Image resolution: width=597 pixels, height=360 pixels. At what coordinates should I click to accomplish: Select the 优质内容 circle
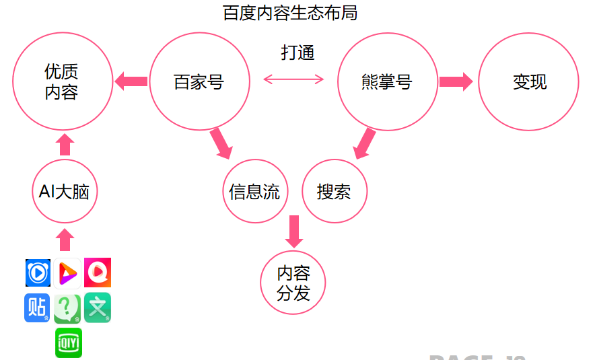tap(62, 81)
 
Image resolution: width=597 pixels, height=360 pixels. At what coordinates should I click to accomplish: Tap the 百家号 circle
tap(199, 82)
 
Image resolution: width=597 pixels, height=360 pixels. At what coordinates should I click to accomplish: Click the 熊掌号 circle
tap(388, 82)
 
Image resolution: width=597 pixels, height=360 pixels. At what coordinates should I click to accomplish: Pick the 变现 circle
tap(529, 82)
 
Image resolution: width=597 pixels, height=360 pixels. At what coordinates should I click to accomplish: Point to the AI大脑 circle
tap(65, 192)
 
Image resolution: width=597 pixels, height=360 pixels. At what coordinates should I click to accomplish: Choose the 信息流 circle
tap(255, 192)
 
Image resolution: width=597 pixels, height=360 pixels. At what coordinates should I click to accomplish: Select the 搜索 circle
tap(335, 192)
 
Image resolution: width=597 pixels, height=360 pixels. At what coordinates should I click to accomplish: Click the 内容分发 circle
tap(293, 283)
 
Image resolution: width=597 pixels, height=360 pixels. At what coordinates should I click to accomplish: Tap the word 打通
tap(297, 52)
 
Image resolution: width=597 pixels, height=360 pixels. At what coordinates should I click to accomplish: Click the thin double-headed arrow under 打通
tap(293, 79)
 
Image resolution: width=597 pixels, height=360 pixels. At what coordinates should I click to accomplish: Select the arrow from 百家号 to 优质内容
tap(131, 82)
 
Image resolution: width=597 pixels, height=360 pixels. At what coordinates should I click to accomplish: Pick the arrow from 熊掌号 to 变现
tap(456, 82)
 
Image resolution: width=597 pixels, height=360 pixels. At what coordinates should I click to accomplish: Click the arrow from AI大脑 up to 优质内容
tap(65, 144)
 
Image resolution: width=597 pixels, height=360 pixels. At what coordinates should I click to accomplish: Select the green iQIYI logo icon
tap(69, 343)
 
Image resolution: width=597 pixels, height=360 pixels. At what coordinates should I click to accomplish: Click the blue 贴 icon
tap(38, 308)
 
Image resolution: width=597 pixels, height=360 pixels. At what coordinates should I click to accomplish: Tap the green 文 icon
tap(98, 308)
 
